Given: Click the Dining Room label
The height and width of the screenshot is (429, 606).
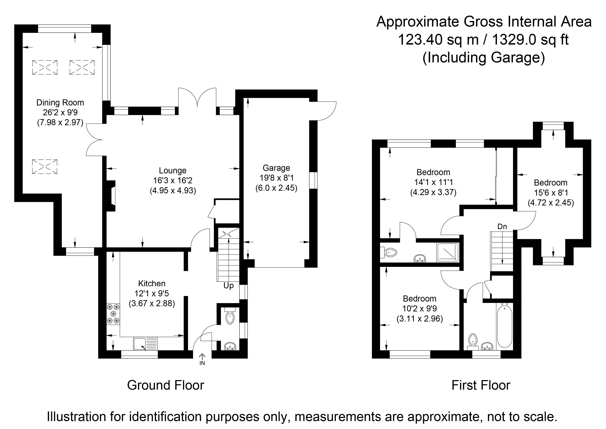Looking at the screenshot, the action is click(x=60, y=102).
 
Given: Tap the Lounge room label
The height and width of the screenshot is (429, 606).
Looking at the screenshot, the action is click(x=173, y=170).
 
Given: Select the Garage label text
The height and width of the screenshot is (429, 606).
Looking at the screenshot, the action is click(x=276, y=168).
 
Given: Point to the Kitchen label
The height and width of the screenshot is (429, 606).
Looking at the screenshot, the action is click(x=152, y=284).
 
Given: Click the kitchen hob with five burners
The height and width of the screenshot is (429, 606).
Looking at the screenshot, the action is click(x=113, y=314).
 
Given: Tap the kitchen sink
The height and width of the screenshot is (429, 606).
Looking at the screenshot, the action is click(x=145, y=344).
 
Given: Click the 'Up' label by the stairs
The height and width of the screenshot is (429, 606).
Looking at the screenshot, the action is click(x=229, y=286).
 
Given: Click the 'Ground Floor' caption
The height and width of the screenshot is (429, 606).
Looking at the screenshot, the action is click(x=166, y=385).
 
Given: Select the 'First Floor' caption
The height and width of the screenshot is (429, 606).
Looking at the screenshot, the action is click(x=481, y=385).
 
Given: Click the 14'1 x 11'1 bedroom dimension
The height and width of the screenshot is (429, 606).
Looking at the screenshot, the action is click(x=433, y=182).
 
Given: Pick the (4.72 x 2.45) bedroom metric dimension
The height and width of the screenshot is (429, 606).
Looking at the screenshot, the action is click(x=551, y=203).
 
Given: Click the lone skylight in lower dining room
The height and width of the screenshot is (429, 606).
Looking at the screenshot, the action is click(x=45, y=166).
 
